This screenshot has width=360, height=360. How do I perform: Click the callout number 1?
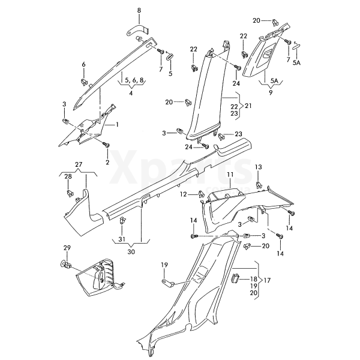point(117,124)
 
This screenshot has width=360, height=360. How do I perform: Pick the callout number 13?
point(259,167)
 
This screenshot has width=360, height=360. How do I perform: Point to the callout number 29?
point(67,248)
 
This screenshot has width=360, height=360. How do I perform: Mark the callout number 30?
point(131,251)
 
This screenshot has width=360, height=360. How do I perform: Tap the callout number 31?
point(122,241)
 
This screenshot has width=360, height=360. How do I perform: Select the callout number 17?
point(267,280)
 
